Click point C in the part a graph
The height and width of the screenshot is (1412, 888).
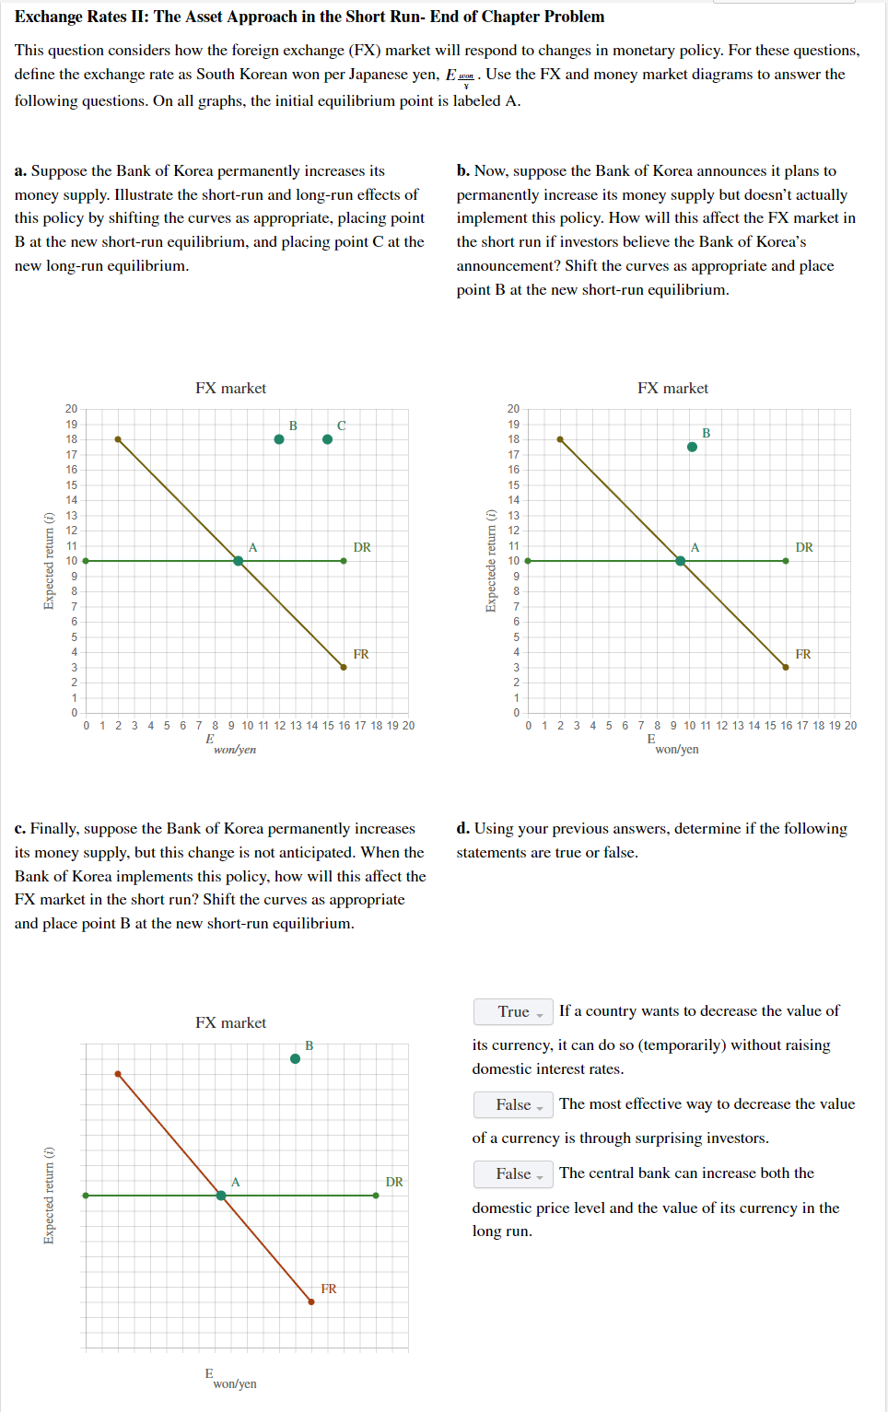pyautogui.click(x=327, y=439)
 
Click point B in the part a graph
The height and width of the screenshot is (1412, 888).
pyautogui.click(x=279, y=439)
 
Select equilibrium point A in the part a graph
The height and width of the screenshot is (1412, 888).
pyautogui.click(x=239, y=561)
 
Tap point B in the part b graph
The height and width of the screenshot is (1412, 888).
pyautogui.click(x=692, y=447)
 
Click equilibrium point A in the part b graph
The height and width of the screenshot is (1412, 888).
pyautogui.click(x=681, y=561)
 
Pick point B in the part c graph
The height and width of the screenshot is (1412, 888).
pyautogui.click(x=295, y=1059)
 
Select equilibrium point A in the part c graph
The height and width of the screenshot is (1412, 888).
pyautogui.click(x=221, y=1196)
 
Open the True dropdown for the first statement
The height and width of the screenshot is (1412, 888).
pyautogui.click(x=513, y=1011)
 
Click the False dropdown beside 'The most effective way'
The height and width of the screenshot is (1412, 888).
pyautogui.click(x=513, y=1104)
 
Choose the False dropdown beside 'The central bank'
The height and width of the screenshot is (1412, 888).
pyautogui.click(x=513, y=1173)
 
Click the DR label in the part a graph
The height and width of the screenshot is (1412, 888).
pyautogui.click(x=362, y=547)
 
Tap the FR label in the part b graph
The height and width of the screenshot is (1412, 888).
pyautogui.click(x=803, y=654)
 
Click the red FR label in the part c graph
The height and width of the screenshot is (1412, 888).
pyautogui.click(x=329, y=1289)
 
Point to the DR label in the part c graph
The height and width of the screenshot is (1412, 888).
pyautogui.click(x=394, y=1182)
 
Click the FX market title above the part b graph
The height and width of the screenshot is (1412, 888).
pyautogui.click(x=672, y=389)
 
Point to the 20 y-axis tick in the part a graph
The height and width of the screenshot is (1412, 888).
pyautogui.click(x=71, y=408)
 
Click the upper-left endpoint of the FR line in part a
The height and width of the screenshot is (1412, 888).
pyautogui.click(x=118, y=439)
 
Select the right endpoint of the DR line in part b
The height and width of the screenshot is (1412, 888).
pyautogui.click(x=786, y=561)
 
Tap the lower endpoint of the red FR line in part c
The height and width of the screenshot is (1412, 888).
pyautogui.click(x=311, y=1301)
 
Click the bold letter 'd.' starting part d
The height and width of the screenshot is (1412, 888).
pyautogui.click(x=463, y=828)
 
